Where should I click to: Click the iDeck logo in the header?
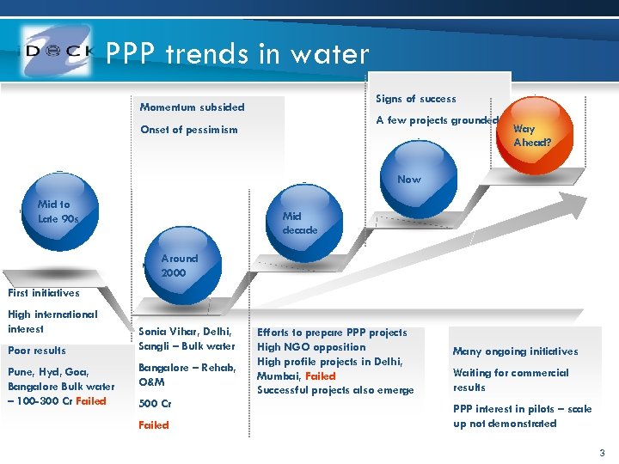(x=57, y=52)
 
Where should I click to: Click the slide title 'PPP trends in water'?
(x=237, y=55)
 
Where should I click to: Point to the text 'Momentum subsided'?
(x=192, y=107)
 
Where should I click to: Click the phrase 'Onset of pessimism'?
(x=188, y=130)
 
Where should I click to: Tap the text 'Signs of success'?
(x=416, y=99)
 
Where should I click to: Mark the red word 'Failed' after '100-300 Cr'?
(x=91, y=400)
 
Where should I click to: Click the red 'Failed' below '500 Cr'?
(x=154, y=424)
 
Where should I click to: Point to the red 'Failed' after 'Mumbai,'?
(x=320, y=375)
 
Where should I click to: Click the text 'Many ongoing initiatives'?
(x=515, y=351)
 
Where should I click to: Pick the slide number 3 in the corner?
(x=602, y=453)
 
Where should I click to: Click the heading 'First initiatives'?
(x=43, y=293)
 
